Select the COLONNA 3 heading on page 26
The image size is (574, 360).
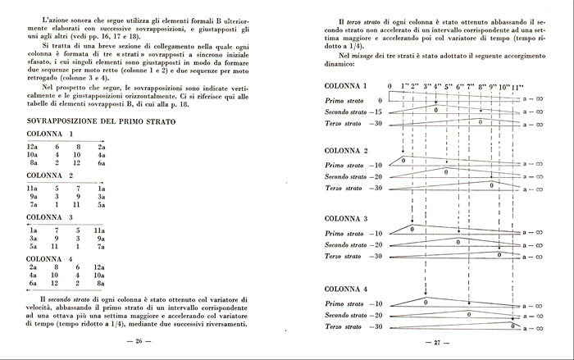(x=51, y=217)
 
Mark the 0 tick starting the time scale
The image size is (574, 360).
(x=389, y=86)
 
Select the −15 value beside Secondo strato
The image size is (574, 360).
(x=376, y=111)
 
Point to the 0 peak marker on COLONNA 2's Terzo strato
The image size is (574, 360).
(x=490, y=185)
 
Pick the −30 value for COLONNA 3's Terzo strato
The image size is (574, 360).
(x=376, y=257)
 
